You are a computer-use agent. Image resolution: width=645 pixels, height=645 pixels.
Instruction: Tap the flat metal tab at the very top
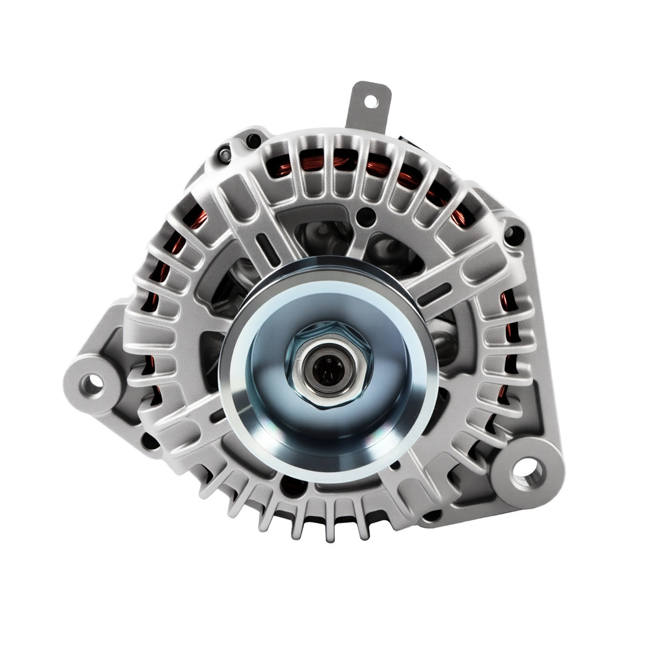click(370, 107)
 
